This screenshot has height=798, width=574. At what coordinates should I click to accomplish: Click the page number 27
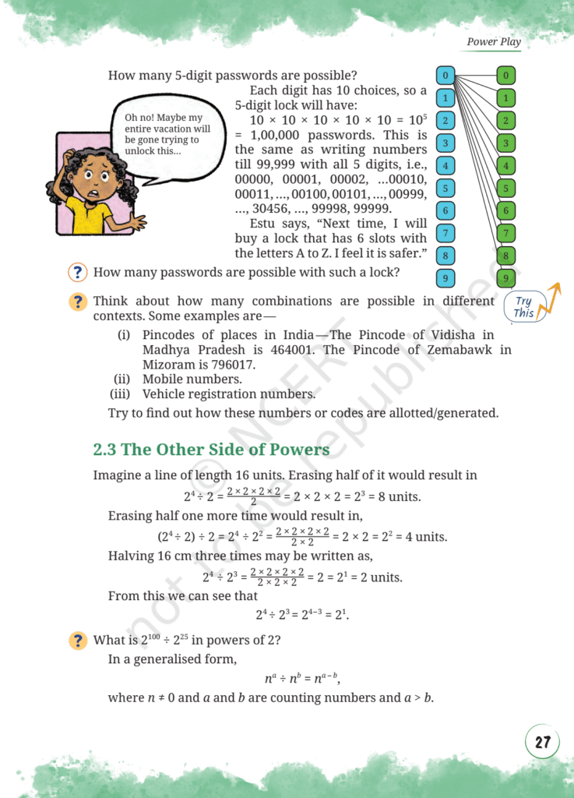point(542,741)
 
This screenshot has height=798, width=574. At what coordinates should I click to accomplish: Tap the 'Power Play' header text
point(494,41)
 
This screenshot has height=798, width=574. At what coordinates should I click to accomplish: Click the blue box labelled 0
point(445,76)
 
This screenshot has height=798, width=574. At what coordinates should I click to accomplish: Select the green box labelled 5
point(505,188)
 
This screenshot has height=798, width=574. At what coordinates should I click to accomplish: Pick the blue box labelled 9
point(445,278)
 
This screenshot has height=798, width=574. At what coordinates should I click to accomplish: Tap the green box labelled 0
point(505,76)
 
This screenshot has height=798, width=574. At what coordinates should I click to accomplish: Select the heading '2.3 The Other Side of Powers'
point(211,450)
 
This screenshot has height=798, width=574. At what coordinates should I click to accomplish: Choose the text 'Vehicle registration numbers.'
point(228,394)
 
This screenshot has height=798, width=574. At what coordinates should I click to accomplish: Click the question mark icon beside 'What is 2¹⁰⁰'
point(77,641)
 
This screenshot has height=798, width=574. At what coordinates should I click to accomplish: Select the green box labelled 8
point(505,255)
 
